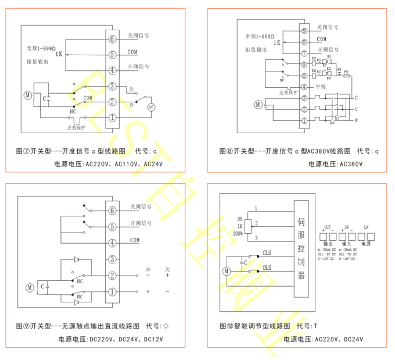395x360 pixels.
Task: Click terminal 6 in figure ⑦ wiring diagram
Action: tap(112, 39)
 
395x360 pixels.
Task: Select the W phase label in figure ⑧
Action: tap(355, 120)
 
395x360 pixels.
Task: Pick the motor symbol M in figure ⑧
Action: tap(258, 105)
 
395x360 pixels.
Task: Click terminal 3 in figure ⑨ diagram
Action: tap(112, 259)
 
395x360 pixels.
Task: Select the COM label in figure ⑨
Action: tap(134, 240)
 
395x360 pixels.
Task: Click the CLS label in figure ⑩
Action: tap(267, 252)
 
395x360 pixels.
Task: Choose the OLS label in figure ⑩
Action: tap(267, 268)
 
